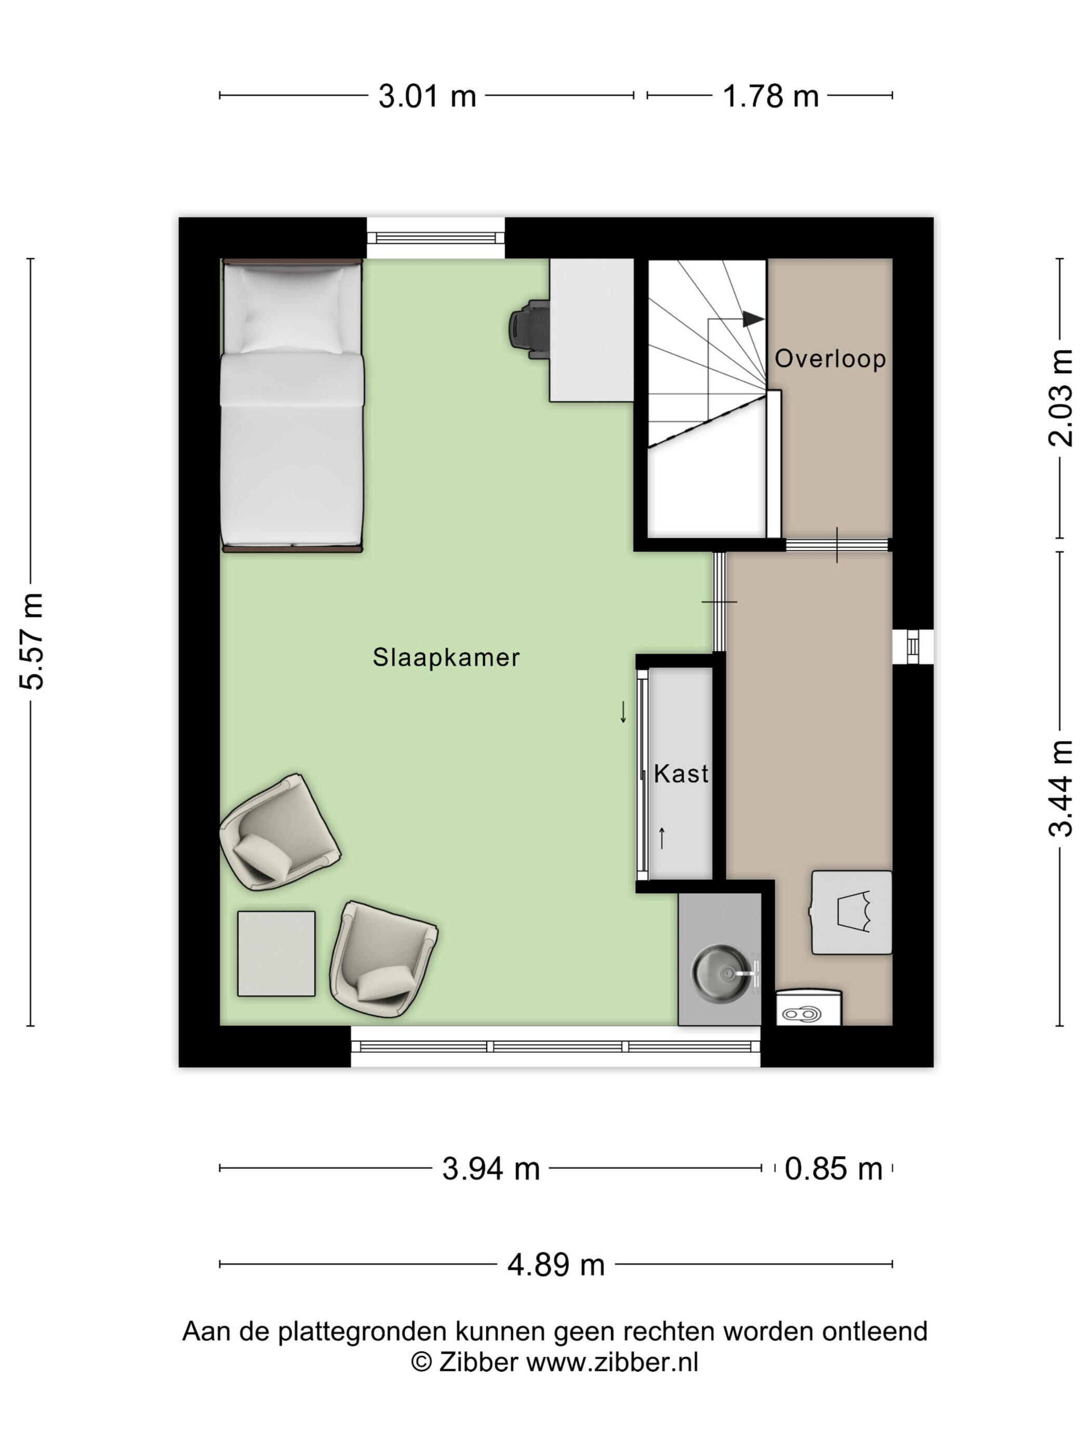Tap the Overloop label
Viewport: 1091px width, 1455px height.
click(830, 359)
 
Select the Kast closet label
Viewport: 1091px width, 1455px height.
click(681, 774)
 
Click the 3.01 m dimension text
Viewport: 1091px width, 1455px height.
click(427, 97)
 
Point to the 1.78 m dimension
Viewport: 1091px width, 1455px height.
click(770, 97)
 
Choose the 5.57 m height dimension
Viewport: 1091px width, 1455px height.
click(32, 641)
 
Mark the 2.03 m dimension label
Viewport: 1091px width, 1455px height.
click(1060, 398)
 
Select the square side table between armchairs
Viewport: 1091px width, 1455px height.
click(276, 953)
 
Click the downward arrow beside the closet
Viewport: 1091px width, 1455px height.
click(623, 712)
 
